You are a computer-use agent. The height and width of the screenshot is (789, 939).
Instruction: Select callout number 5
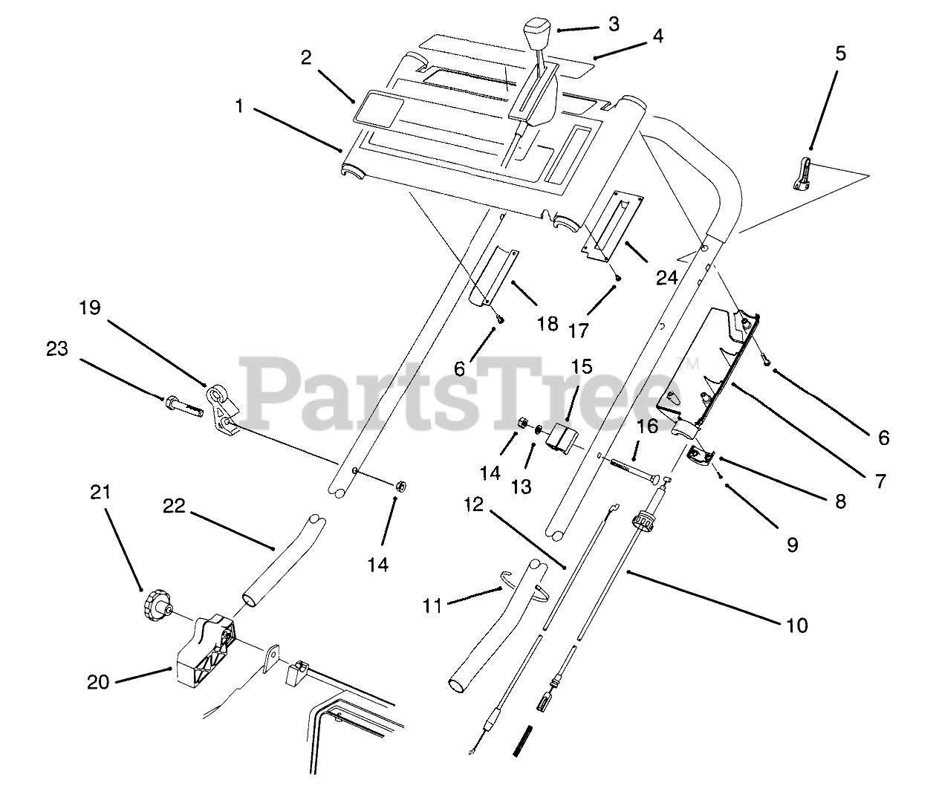pos(839,53)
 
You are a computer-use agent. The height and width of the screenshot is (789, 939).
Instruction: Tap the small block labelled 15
pos(562,437)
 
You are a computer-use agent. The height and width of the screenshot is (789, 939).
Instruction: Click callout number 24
pos(666,277)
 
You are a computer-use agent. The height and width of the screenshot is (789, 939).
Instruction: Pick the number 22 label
pos(175,505)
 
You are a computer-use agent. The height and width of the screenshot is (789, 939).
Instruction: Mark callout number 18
pos(547,324)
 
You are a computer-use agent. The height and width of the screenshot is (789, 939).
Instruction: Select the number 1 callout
pos(238,106)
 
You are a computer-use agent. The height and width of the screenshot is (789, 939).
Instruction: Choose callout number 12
pos(473,505)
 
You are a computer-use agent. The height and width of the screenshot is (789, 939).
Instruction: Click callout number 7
pos(880,481)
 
